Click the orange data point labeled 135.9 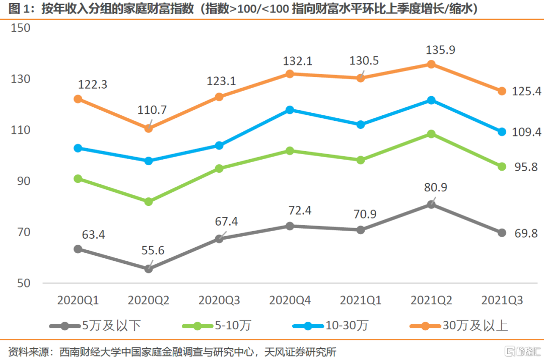(431, 64)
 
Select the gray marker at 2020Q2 (149, 269)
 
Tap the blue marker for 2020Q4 (290, 110)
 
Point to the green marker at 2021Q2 (431, 134)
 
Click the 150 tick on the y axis (21, 28)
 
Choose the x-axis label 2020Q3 (219, 301)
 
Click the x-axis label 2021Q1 (361, 301)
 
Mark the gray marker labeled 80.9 (431, 204)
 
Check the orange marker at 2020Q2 (149, 128)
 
